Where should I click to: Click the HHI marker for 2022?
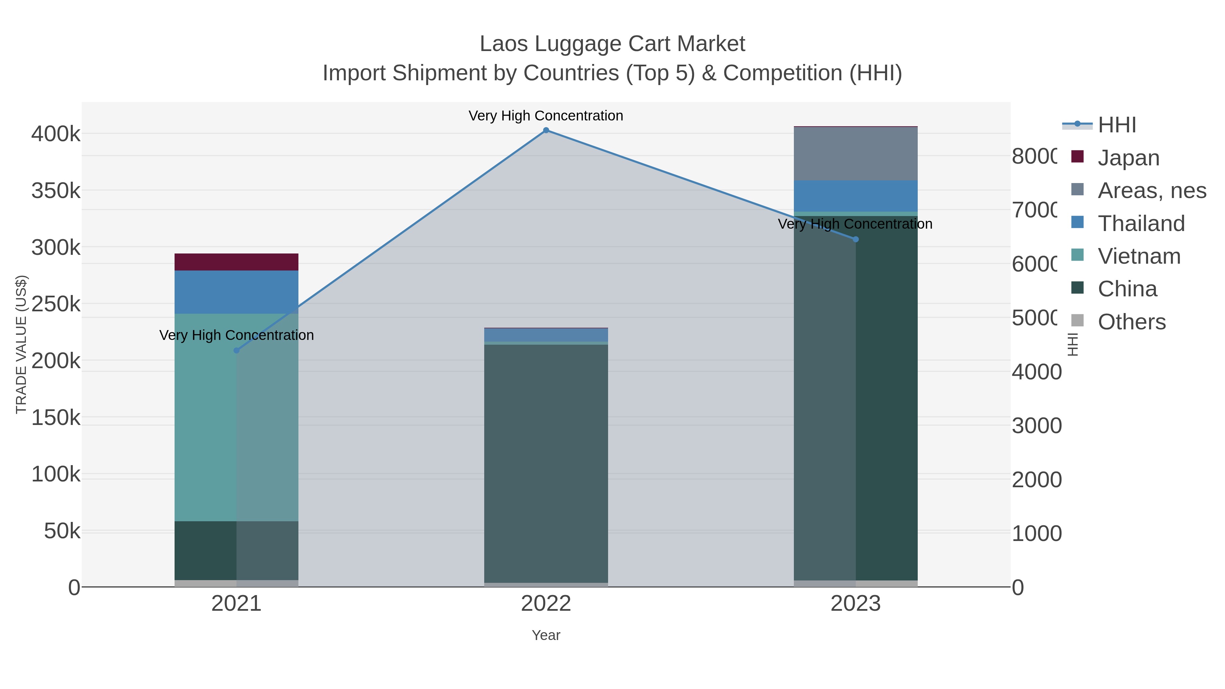(x=546, y=130)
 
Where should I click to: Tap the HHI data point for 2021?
(x=236, y=350)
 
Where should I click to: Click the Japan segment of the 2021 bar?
(x=236, y=262)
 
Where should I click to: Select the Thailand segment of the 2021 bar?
(x=236, y=292)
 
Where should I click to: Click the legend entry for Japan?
(x=1128, y=158)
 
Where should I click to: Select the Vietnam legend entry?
(x=1139, y=256)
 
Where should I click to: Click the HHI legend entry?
(x=1116, y=125)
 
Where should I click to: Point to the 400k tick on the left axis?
(x=56, y=134)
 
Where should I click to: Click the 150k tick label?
(x=56, y=418)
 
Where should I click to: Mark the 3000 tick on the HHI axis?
(x=1036, y=426)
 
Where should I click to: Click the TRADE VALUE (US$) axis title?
(x=21, y=344)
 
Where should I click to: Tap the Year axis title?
(x=546, y=635)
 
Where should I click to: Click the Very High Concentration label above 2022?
(x=546, y=116)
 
